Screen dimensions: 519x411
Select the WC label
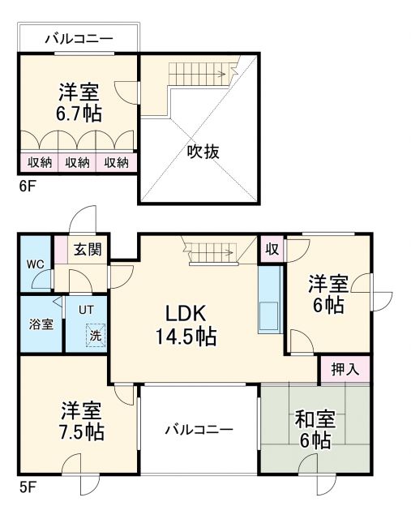point(35,264)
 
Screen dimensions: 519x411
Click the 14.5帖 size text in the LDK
point(186,337)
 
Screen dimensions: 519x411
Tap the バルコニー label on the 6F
point(79,37)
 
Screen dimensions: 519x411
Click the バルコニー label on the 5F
point(199,430)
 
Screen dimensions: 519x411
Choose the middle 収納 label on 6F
point(78,162)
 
